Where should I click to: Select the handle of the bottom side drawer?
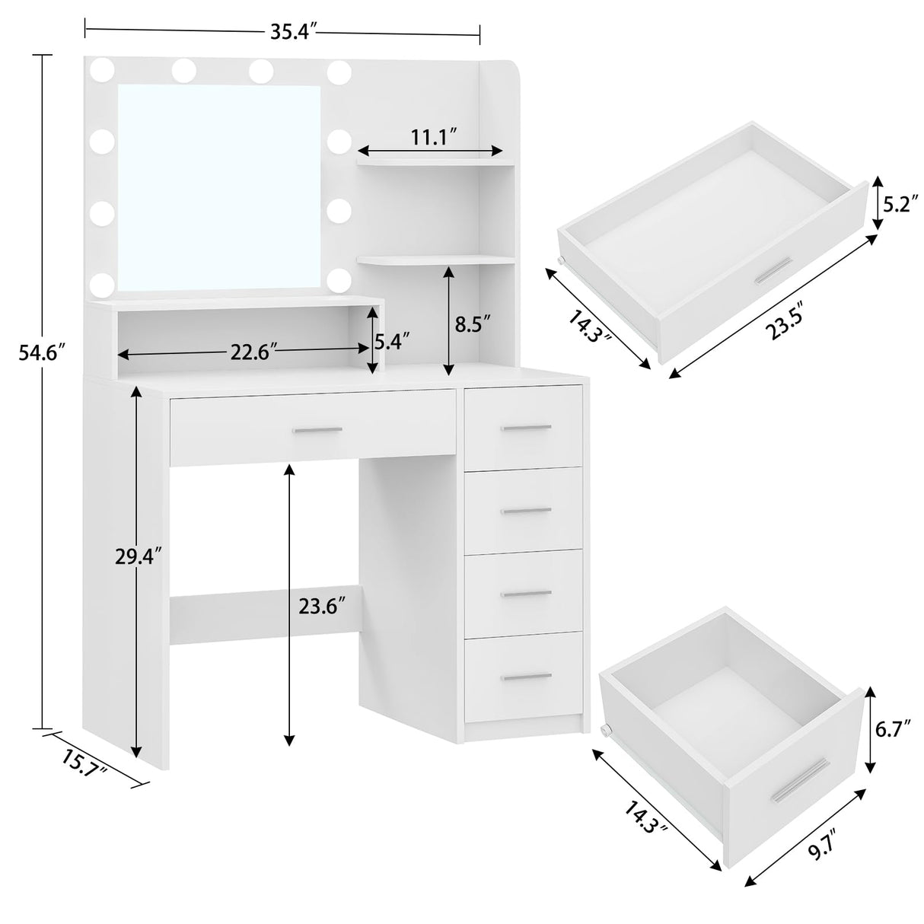coord(526,677)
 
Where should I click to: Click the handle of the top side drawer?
coord(526,428)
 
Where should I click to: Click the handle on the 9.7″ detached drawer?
coord(799,780)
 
